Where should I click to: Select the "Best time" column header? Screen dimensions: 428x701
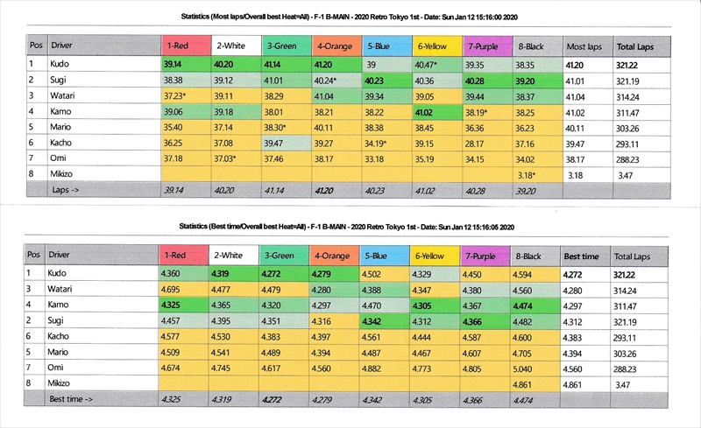tap(582, 256)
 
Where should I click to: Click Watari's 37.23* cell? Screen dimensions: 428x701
tap(175, 96)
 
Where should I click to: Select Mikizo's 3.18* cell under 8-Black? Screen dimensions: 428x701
tap(528, 175)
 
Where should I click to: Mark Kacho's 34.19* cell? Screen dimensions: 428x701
tap(381, 144)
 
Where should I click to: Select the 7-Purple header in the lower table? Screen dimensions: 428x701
tap(484, 256)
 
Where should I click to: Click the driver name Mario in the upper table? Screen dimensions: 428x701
tap(61, 128)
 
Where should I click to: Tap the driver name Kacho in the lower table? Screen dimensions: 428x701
tap(61, 336)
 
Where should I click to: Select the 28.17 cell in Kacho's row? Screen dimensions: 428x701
tap(476, 144)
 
